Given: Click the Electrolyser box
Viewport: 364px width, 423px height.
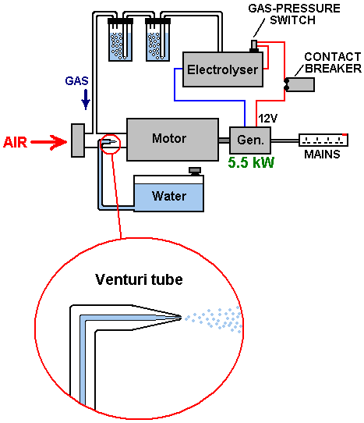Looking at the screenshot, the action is click(x=223, y=69).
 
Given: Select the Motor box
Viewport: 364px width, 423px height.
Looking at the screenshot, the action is click(x=172, y=140).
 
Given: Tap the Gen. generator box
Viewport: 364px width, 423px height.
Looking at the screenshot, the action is click(x=250, y=140).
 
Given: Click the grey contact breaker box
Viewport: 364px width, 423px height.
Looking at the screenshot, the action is click(x=299, y=85).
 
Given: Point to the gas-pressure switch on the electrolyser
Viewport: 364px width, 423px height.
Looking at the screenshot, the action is click(x=254, y=46).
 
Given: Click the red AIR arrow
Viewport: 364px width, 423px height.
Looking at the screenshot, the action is click(x=48, y=142).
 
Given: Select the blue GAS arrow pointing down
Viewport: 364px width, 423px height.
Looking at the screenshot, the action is click(x=86, y=100).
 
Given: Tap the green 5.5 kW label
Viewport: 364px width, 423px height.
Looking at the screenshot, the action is click(x=251, y=162).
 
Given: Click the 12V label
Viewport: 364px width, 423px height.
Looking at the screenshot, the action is click(x=267, y=119).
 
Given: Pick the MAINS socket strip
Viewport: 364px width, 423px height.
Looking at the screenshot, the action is click(x=323, y=140).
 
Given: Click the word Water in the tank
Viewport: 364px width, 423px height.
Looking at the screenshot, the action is click(x=169, y=196).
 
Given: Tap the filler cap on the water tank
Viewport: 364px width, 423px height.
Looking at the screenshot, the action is click(x=195, y=171).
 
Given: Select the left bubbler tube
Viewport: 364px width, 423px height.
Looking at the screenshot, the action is click(x=120, y=40).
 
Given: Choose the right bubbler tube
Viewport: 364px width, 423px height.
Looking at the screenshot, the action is click(x=158, y=40).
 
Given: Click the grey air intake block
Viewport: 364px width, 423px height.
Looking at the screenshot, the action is click(x=78, y=140).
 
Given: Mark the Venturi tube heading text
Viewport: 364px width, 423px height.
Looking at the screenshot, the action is click(x=139, y=279).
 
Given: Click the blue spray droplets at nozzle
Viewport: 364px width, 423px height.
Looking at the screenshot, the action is click(x=214, y=319).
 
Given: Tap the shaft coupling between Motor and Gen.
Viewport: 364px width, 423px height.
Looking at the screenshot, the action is click(x=224, y=140).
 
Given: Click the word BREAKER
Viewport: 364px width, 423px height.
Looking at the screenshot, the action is click(x=334, y=69).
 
